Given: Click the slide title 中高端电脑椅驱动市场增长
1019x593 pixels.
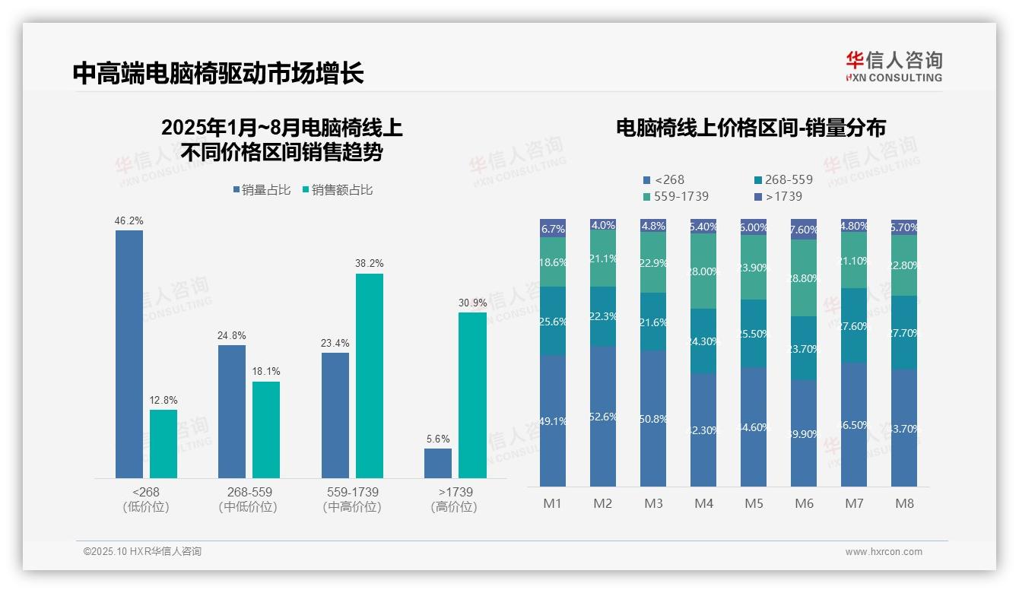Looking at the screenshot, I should pyautogui.click(x=218, y=74).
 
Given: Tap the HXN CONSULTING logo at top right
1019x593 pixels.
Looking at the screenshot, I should pyautogui.click(x=894, y=67).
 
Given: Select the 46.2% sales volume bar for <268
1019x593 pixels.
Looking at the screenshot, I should pyautogui.click(x=129, y=354).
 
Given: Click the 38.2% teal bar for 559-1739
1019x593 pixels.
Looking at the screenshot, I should pyautogui.click(x=370, y=376).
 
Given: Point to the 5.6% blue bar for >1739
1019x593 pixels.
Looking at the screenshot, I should pyautogui.click(x=438, y=463).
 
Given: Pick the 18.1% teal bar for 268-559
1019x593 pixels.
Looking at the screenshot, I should pyautogui.click(x=266, y=430).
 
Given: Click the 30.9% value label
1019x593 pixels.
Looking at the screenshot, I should pyautogui.click(x=472, y=303).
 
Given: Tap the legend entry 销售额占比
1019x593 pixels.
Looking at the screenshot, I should pyautogui.click(x=338, y=190).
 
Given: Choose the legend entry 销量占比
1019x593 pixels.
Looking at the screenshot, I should pyautogui.click(x=262, y=190).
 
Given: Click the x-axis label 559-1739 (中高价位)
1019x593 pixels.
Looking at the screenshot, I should pyautogui.click(x=351, y=499).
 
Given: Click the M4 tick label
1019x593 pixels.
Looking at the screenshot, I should pyautogui.click(x=703, y=503).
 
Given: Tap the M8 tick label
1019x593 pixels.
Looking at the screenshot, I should pyautogui.click(x=904, y=503).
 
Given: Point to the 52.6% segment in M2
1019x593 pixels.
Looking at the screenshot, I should pyautogui.click(x=603, y=417).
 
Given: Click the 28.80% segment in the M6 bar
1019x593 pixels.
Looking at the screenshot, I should pyautogui.click(x=804, y=278).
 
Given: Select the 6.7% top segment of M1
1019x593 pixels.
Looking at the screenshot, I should pyautogui.click(x=553, y=228).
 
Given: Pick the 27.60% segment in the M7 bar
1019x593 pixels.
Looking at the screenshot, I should pyautogui.click(x=854, y=325).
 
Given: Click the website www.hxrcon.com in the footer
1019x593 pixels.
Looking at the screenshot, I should pyautogui.click(x=884, y=552).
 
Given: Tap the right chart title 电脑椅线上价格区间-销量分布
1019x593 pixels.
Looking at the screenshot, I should pyautogui.click(x=751, y=128).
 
